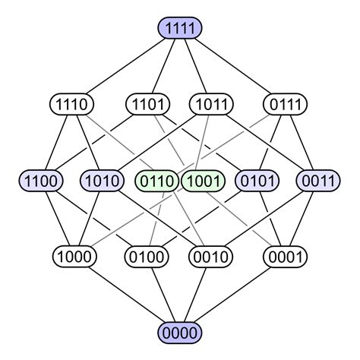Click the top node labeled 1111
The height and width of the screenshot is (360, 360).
(180, 28)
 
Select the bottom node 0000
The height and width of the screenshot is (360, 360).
(180, 332)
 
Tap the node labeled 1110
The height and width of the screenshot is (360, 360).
(71, 104)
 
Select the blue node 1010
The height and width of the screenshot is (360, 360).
(103, 181)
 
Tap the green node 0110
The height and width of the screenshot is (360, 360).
(157, 181)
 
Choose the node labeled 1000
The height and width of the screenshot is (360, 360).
(71, 256)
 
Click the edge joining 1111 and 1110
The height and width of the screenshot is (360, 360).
(126, 66)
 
